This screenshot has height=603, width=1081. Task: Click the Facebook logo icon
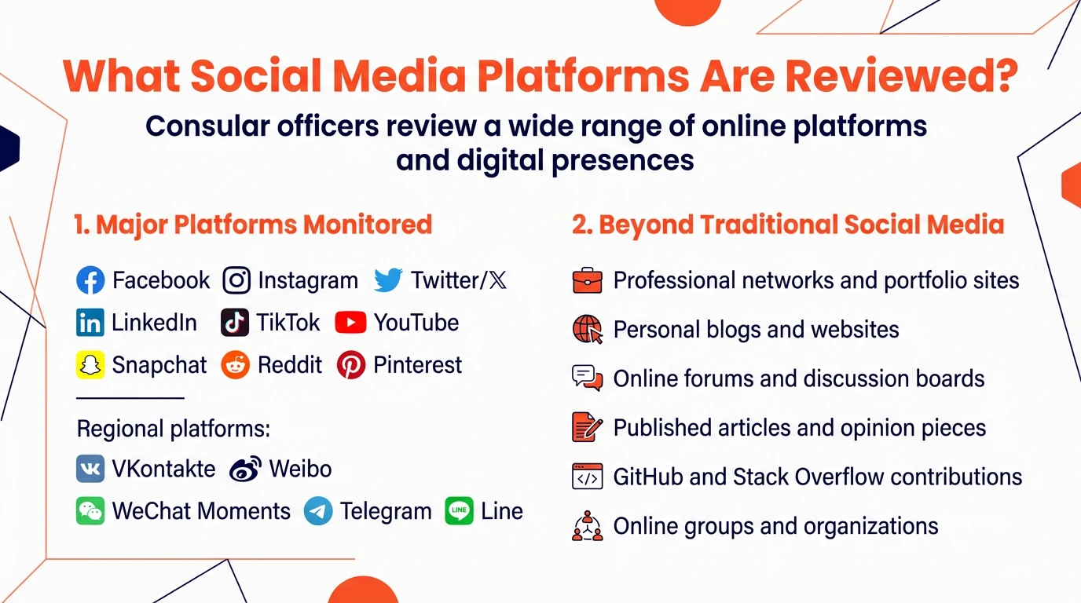tap(90, 280)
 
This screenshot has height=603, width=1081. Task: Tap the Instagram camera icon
tap(236, 280)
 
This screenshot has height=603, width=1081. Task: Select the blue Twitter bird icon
tap(388, 280)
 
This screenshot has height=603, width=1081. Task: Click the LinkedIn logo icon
tap(90, 323)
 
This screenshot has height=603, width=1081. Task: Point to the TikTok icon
tap(235, 323)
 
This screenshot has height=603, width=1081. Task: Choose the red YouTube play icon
tap(350, 323)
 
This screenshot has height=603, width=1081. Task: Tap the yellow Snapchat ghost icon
tap(90, 365)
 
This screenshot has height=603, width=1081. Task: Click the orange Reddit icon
tap(235, 365)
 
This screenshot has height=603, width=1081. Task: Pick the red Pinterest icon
tap(351, 365)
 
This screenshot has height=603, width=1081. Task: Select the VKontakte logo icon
tap(90, 469)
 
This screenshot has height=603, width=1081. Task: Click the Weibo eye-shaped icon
tap(245, 470)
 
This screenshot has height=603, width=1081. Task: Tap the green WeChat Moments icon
tap(90, 511)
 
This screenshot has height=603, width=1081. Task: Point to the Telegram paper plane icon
tap(318, 511)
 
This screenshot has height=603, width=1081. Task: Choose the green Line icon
tap(460, 511)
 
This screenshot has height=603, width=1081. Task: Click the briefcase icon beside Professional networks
tap(587, 280)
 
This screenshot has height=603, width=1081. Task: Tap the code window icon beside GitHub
tap(587, 477)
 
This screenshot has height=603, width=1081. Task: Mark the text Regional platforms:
tap(174, 429)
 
